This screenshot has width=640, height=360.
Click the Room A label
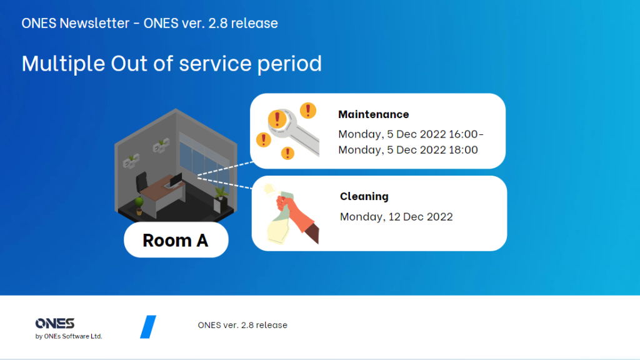click(176, 240)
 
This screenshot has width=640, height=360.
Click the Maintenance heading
click(374, 114)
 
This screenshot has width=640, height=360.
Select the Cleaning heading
click(364, 196)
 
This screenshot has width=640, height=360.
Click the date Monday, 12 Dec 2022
click(396, 217)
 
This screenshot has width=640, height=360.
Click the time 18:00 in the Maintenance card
click(463, 150)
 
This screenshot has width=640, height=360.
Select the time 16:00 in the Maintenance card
click(463, 134)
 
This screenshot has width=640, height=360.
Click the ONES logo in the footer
click(55, 323)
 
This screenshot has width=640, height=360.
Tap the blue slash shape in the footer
click(148, 326)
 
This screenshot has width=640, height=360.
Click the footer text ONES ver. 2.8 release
click(242, 325)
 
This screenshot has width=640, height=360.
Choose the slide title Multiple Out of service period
click(172, 64)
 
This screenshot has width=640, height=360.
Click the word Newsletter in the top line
click(94, 23)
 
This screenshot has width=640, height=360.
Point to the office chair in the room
click(142, 182)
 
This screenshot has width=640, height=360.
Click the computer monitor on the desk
click(176, 179)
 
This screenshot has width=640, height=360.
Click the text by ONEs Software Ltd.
click(69, 336)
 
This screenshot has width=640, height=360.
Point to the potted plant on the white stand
click(221, 193)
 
